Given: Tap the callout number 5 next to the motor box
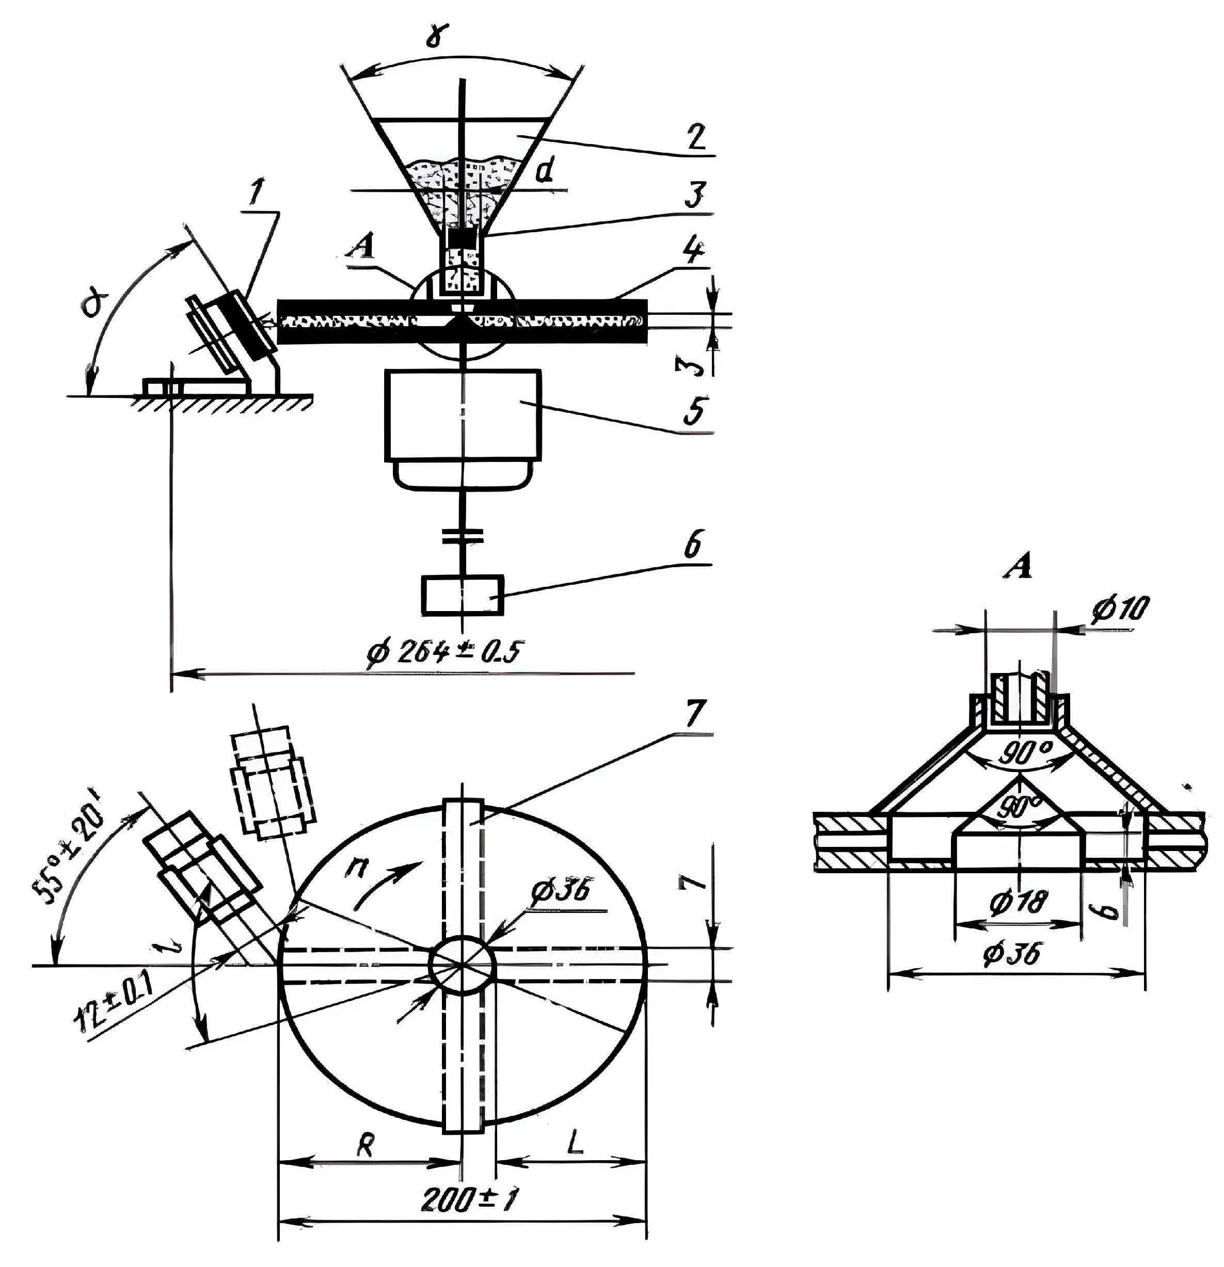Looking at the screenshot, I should [x=694, y=410].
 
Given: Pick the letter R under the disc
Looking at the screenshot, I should [x=365, y=1146].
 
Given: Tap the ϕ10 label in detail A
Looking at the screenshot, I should [x=1119, y=609].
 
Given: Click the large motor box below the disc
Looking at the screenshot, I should [x=463, y=415].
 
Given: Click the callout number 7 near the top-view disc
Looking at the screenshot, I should [x=692, y=715].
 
